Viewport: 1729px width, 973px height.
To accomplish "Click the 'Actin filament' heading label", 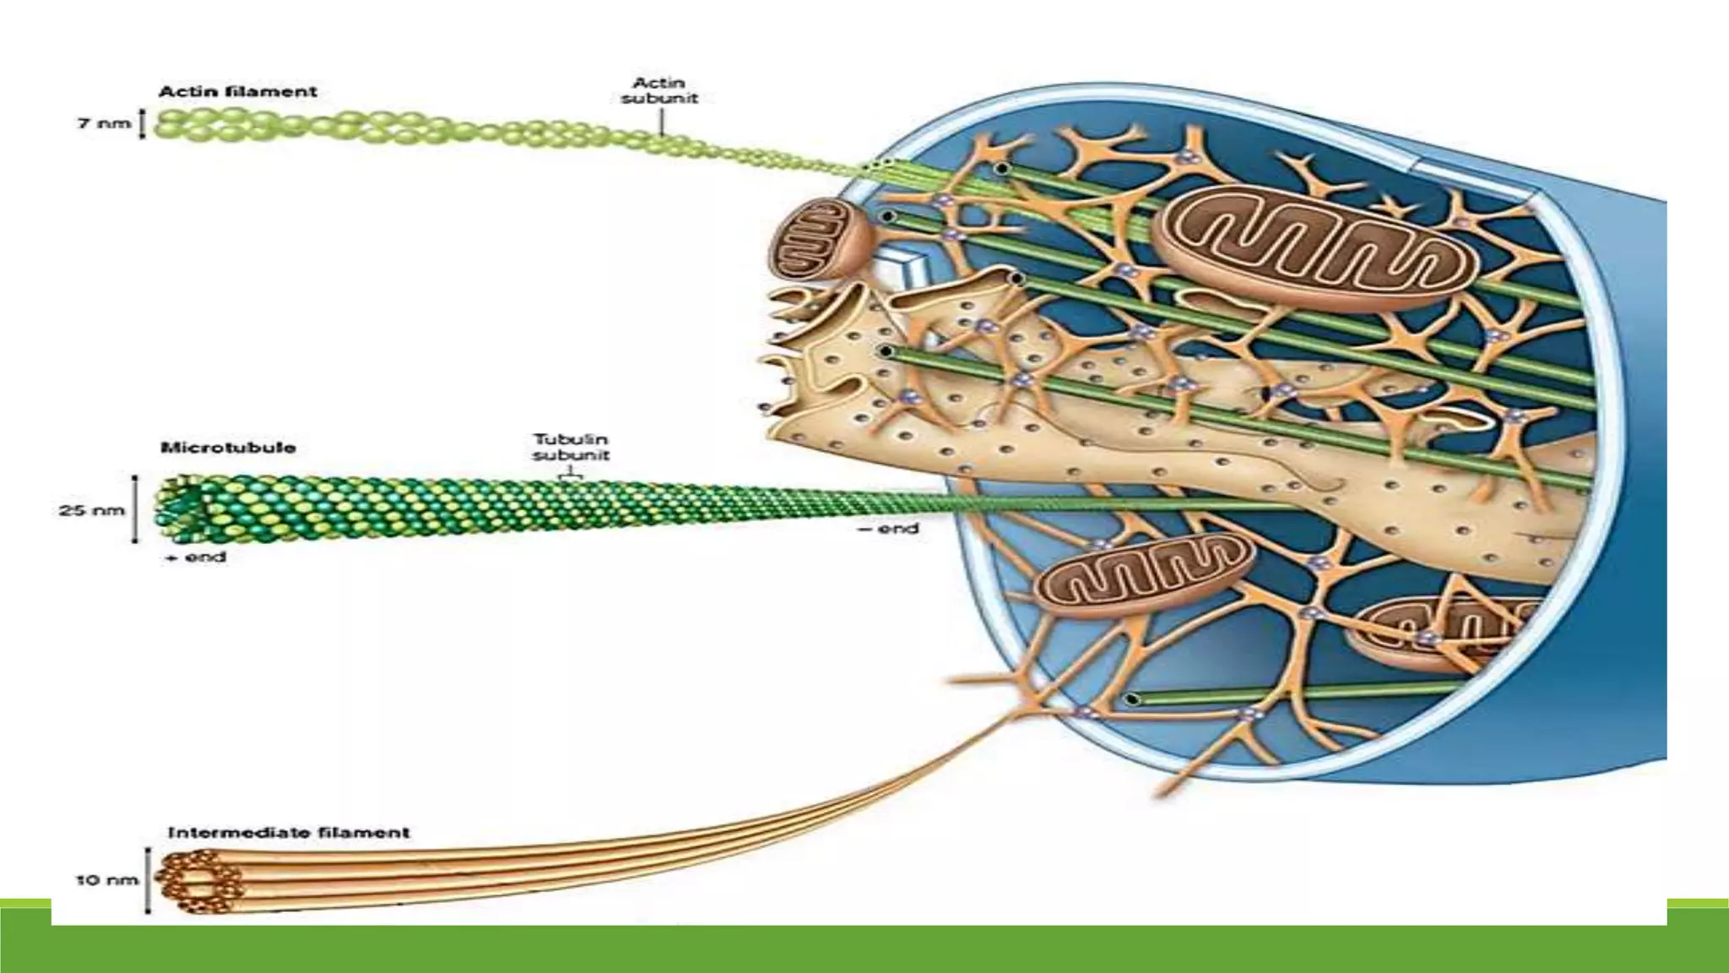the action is pos(238,91).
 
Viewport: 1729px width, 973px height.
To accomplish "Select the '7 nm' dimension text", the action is pos(105,123).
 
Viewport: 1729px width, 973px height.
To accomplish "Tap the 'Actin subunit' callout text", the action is pos(659,90).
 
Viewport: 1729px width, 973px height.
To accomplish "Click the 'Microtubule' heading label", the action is pos(228,448).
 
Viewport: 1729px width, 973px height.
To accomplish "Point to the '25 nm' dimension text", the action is pos(92,510).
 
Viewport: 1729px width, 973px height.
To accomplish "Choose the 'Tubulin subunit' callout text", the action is pos(571,447).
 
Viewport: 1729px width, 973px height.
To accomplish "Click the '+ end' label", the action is pos(197,557).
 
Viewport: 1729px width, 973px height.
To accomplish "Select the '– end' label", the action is pos(888,529).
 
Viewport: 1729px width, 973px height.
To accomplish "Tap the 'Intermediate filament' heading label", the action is pos(289,833).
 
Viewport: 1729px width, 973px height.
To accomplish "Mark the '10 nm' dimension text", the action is pos(106,880).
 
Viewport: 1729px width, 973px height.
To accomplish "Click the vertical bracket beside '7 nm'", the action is pos(142,123).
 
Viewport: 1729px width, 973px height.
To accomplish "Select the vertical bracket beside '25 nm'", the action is pos(135,509).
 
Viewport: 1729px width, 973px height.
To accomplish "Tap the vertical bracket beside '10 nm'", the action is pos(149,881).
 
